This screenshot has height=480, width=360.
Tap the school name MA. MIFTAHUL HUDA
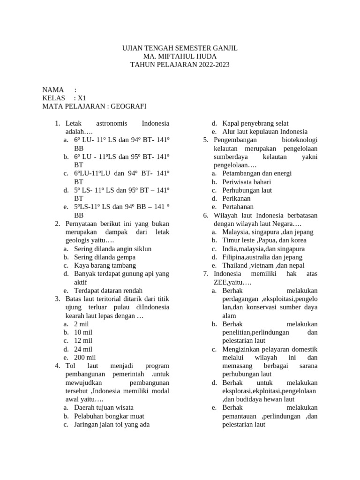coord(180,57)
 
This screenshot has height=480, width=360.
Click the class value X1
coord(82,98)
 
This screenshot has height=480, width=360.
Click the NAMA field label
coord(53,90)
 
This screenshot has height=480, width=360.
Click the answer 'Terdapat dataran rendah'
coord(108,291)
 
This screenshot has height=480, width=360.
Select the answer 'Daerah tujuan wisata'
coord(104,407)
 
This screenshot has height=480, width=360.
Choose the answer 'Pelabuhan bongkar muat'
coord(109,416)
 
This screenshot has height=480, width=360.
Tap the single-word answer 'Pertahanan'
coord(238,207)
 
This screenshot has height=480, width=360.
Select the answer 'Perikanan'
coord(237,198)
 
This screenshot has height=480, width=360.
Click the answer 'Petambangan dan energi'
coord(257,173)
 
